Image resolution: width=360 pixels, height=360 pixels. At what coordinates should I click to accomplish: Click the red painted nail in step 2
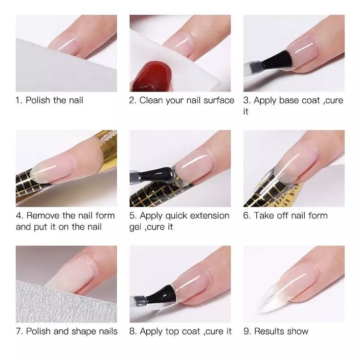[x=152, y=77]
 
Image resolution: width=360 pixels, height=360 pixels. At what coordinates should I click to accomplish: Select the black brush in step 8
[x=161, y=294]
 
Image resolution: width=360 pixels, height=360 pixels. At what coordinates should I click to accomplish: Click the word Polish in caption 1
[x=38, y=100]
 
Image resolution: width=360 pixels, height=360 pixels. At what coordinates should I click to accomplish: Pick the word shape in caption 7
[x=84, y=331]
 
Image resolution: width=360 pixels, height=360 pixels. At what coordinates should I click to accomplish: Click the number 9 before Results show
[x=246, y=331]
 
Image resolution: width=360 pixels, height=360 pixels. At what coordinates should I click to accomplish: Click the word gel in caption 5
[x=135, y=227]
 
